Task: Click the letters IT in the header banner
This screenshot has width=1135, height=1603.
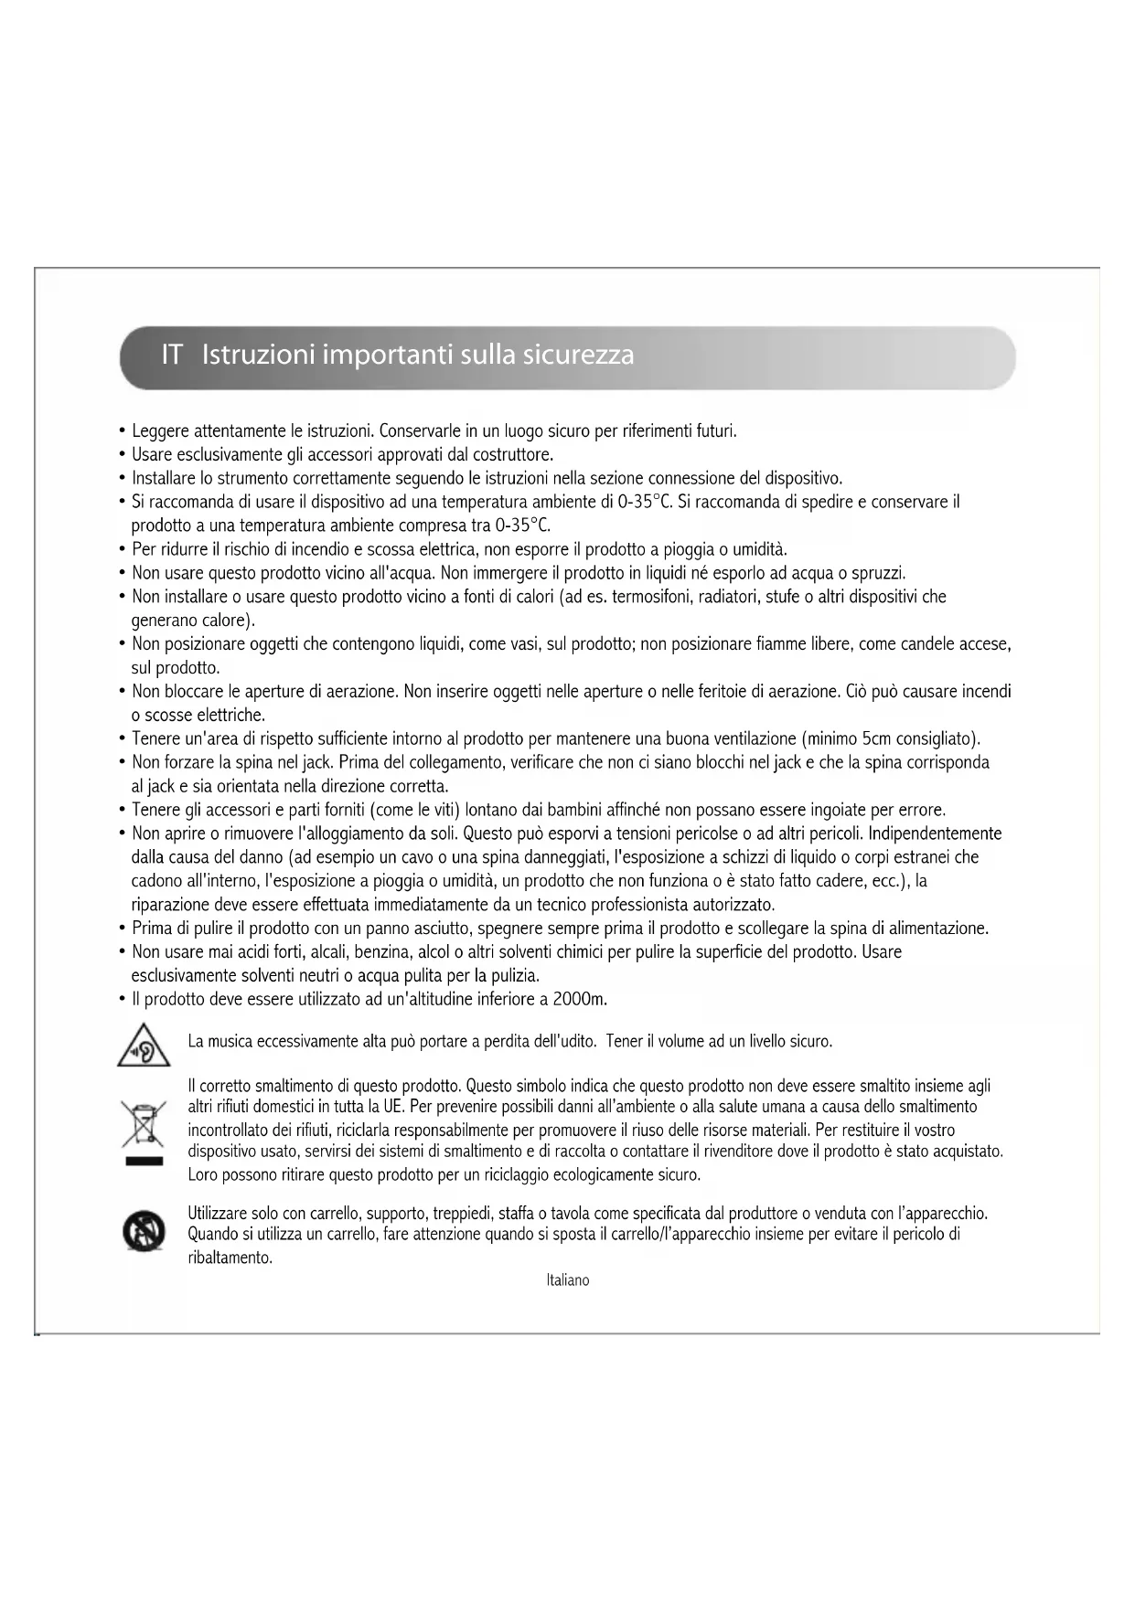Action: point(171,355)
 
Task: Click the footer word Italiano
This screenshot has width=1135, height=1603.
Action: point(567,1280)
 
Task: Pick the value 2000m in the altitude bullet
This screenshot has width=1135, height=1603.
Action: point(580,999)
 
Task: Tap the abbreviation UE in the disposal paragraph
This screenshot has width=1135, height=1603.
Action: point(393,1107)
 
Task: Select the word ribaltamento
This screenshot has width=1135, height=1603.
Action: point(230,1258)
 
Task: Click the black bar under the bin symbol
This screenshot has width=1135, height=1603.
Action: point(144,1162)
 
